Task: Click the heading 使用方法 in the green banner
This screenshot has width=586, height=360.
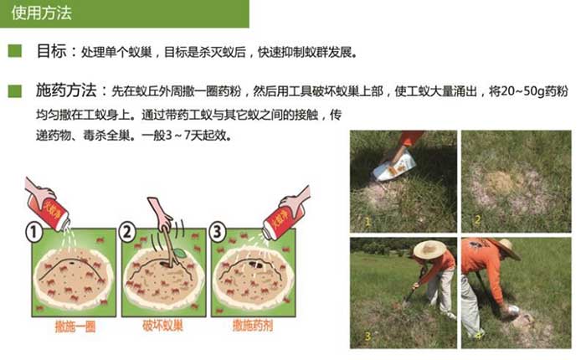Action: pos(40,13)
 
